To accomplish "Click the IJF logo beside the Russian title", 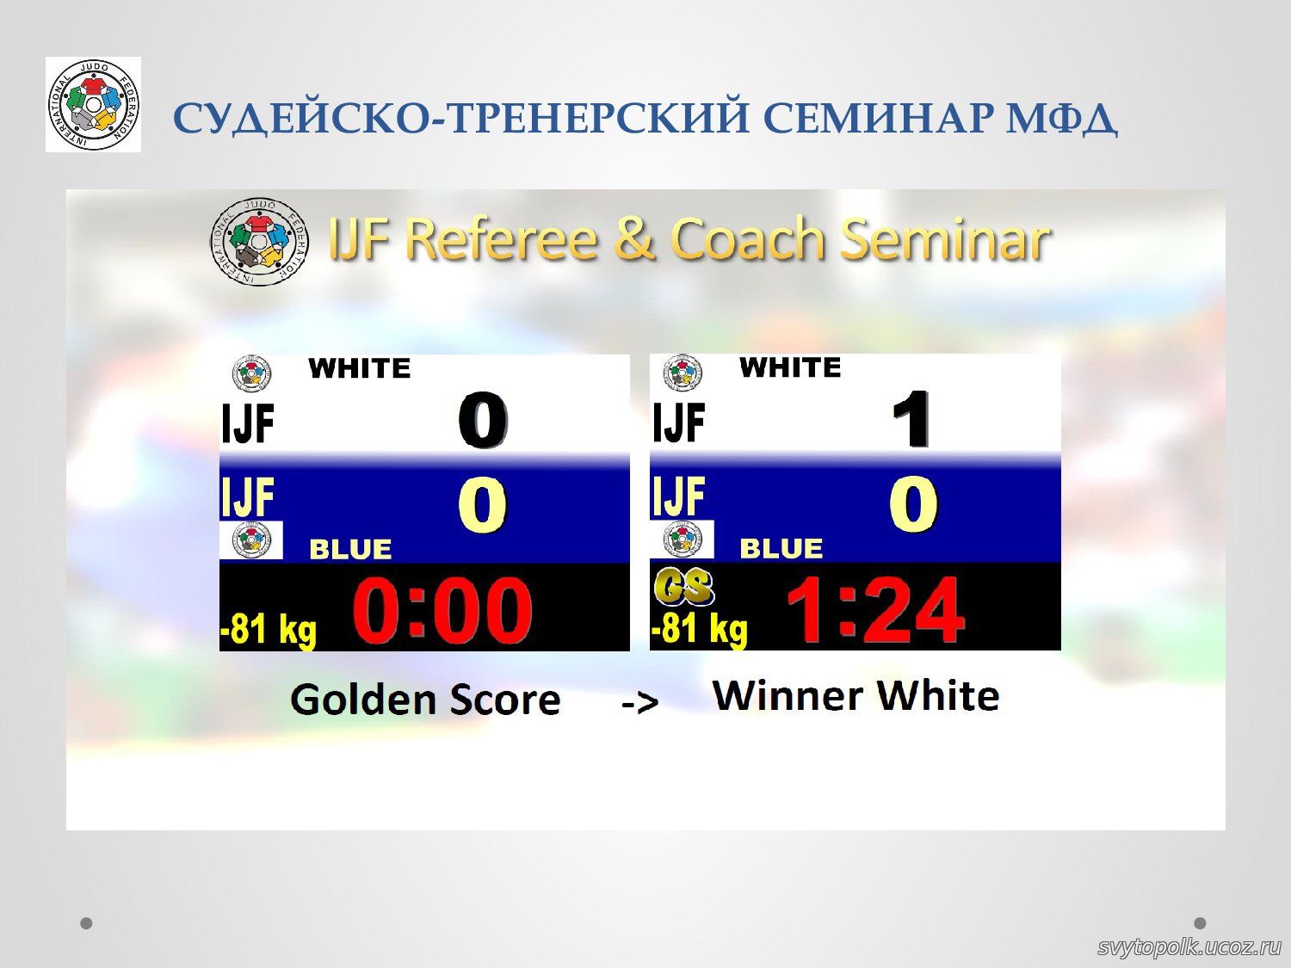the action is (94, 105).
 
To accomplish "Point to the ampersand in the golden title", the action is (634, 238).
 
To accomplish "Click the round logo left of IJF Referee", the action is (259, 241).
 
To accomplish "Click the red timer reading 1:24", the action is (874, 610).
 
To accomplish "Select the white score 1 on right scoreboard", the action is (911, 419).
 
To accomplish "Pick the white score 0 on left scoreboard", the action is (482, 420).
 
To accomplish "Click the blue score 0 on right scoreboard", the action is (913, 504).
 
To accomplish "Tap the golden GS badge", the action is (684, 587).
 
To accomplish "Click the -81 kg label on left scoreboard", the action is (269, 632).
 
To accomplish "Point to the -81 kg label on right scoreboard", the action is (699, 630).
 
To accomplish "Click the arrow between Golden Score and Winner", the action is (640, 703).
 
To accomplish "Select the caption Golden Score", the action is (425, 700).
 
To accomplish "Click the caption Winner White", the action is (856, 696).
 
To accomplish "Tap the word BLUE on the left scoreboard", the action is (350, 550).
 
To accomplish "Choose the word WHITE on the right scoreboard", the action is (790, 367).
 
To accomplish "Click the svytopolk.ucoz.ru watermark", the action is (1189, 946).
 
